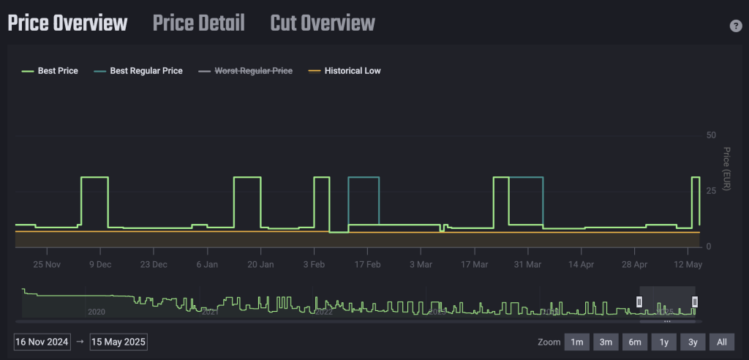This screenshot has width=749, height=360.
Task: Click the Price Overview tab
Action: [67, 23]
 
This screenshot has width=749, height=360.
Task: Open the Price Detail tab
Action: [199, 23]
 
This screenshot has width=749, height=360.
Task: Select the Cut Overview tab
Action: [323, 23]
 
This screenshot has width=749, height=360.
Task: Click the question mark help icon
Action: [736, 26]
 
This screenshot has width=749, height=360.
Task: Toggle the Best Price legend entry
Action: [50, 71]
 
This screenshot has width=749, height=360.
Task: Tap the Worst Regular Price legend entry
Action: [246, 71]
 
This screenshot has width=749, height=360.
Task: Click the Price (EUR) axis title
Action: [726, 169]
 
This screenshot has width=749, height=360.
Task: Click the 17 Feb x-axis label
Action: [368, 264]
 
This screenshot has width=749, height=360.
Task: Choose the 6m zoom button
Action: [635, 342]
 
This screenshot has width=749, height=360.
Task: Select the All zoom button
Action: [721, 342]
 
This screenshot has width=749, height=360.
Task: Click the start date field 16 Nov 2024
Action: [42, 342]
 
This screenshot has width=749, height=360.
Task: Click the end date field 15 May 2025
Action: [118, 342]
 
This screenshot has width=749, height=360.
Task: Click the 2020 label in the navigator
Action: [97, 312]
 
